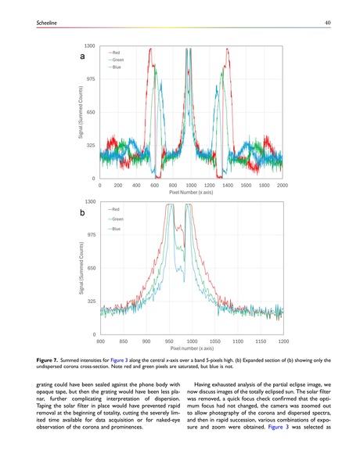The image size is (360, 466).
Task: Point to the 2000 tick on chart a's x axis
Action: coord(282,185)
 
